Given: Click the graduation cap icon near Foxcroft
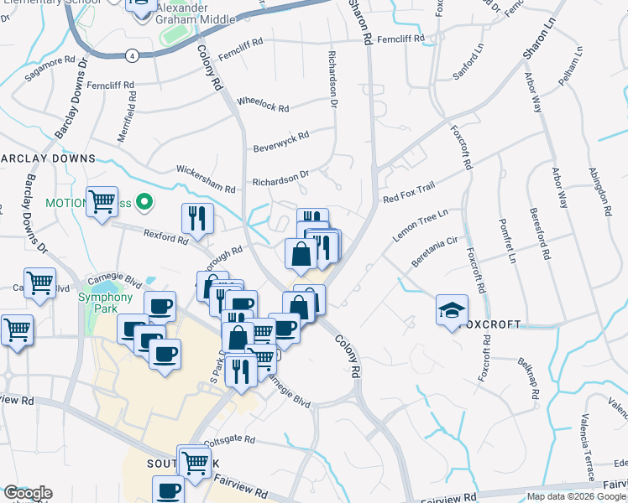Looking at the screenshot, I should tap(453, 310).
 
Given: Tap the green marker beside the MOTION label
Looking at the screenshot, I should tap(144, 202).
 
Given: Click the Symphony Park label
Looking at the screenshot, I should tap(105, 303).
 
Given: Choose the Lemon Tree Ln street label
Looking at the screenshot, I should tap(421, 226).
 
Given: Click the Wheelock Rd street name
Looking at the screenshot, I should tap(263, 106).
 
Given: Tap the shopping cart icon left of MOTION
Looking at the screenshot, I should tap(102, 201).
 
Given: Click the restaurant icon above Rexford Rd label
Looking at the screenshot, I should tap(197, 219).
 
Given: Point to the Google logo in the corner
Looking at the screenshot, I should tap(27, 493).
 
